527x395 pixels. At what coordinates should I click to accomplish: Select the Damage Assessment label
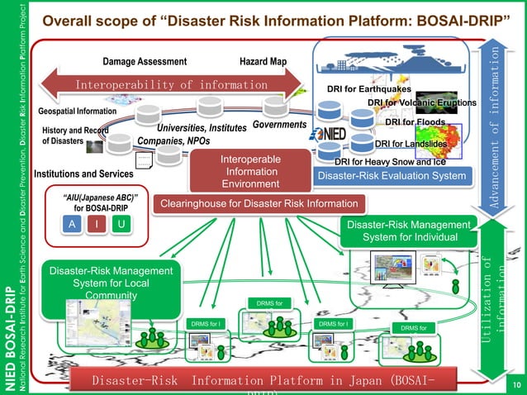tap(145, 62)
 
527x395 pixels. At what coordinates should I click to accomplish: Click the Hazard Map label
tap(262, 62)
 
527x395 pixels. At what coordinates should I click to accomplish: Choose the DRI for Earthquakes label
tap(369, 90)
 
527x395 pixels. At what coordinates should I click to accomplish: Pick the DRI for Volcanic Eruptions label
tap(422, 102)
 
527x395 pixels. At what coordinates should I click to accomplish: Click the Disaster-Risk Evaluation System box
tap(392, 175)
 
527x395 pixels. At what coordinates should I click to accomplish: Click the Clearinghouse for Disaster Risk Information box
tap(259, 203)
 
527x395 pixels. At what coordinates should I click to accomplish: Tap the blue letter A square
tap(73, 226)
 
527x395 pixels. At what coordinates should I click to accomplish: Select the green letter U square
tap(121, 226)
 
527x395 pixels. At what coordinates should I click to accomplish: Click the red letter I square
tap(97, 226)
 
